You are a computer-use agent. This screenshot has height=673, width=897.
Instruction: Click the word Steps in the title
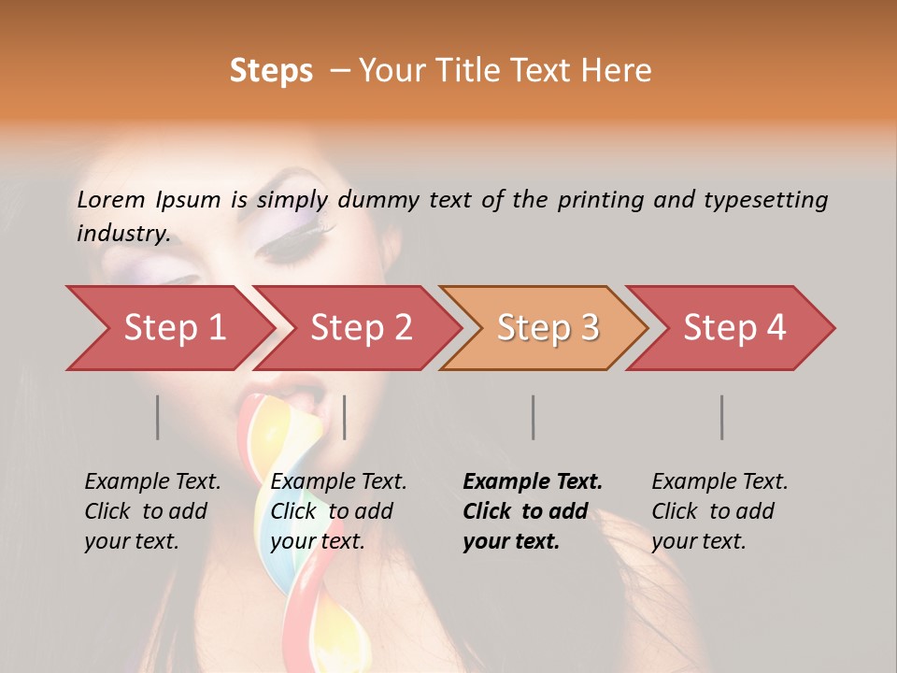coord(271,71)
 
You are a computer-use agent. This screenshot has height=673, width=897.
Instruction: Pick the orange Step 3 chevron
coord(545,328)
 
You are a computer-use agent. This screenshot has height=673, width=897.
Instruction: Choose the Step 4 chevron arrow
coord(732,328)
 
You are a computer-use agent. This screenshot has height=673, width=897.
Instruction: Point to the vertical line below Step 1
coord(158,417)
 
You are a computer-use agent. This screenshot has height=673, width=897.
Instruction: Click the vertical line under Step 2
coord(345,417)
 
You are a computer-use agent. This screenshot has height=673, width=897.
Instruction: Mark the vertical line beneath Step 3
coord(534,417)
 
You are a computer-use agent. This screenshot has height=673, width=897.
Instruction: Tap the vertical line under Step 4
coord(722,417)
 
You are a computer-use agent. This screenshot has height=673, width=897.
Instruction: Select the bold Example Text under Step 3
coord(533,511)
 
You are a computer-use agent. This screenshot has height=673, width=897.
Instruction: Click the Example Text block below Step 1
coord(152,511)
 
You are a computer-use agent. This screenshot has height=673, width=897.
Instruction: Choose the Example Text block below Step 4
coord(719,511)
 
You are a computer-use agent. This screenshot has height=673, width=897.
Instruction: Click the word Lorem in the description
coord(110,199)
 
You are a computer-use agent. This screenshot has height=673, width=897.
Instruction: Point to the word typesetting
coord(765,200)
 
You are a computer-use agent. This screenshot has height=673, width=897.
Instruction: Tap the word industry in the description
coord(122,234)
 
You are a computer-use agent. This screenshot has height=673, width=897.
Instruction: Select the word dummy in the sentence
coord(376,200)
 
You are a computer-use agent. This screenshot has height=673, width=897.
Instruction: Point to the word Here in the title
coord(619,71)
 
